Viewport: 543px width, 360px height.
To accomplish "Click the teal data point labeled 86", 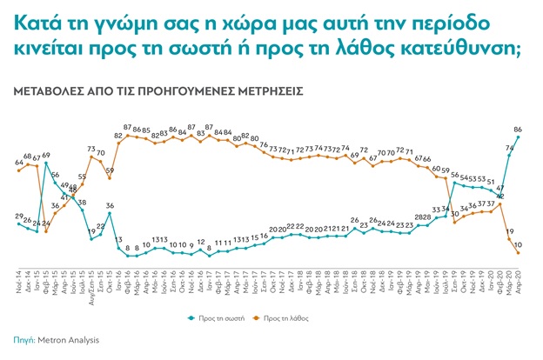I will pos(519,137).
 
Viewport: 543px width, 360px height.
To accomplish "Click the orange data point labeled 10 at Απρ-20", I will pos(519,253).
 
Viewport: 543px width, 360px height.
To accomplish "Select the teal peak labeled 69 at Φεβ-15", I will pos(45,163).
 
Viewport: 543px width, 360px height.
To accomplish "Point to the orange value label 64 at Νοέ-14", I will pos(18,162).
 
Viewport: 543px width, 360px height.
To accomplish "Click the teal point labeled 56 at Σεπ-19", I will pos(455,183).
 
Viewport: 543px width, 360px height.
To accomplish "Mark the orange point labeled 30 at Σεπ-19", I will pos(455,223).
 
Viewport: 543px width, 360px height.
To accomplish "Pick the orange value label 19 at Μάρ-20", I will pos(509,231).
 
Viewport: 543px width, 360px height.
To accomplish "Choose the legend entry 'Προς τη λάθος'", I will pos(305,318).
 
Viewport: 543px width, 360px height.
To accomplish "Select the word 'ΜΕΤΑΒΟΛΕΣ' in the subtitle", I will pos(45,90).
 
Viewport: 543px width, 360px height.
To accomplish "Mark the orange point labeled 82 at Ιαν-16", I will pos(117,143).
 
